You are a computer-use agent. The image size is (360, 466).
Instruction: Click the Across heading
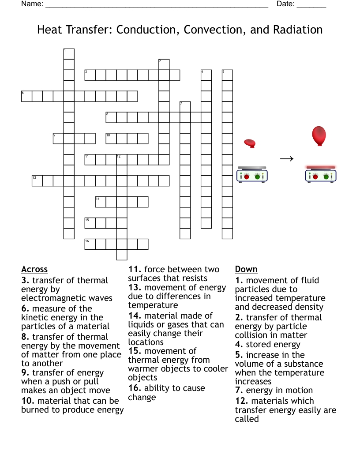point(34,269)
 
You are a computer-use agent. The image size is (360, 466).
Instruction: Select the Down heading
point(246,269)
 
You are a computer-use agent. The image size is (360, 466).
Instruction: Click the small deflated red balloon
point(250,143)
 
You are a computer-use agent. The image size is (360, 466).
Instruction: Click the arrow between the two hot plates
point(287,159)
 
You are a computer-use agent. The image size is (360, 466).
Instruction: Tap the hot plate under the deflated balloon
point(252,174)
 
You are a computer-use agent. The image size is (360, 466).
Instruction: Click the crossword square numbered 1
point(69,54)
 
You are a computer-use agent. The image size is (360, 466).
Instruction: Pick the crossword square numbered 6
point(26,96)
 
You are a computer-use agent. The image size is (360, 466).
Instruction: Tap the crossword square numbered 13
point(37,181)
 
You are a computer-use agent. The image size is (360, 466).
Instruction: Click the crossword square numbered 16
point(90,244)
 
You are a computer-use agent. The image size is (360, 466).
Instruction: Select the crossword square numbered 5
point(227,75)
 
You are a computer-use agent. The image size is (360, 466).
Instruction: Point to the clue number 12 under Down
point(242,401)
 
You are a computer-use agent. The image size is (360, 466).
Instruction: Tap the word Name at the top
point(32,4)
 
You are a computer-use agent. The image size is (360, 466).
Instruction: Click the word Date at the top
point(285,4)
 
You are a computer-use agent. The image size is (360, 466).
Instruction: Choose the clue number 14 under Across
point(135,316)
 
